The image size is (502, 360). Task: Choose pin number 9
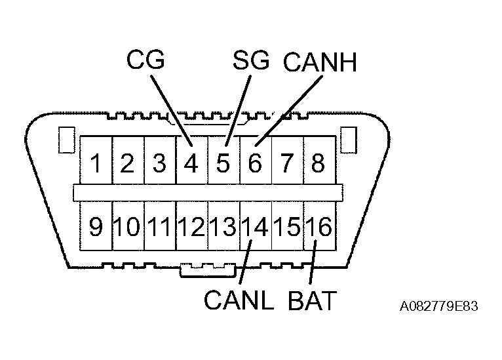96,227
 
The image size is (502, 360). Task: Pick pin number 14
255,227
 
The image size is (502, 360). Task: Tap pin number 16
319,227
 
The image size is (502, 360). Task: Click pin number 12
191,227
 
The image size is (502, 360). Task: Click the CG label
145,60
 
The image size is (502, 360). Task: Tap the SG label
251,60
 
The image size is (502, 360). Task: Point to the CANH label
319,62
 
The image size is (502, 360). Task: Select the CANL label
237,300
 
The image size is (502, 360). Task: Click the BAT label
312,300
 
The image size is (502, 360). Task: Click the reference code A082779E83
437,306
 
